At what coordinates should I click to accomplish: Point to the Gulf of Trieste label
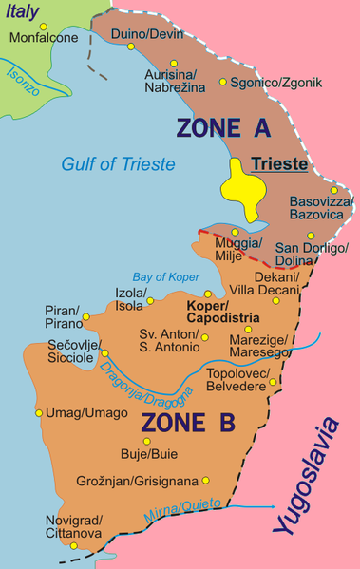pyautogui.click(x=119, y=163)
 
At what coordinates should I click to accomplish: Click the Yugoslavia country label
pyautogui.click(x=307, y=478)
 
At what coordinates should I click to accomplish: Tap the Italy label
pyautogui.click(x=23, y=12)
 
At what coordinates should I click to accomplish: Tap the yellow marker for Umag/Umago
pyautogui.click(x=39, y=413)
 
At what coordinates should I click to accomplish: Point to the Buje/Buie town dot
pyautogui.click(x=146, y=441)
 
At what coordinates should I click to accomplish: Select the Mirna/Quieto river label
pyautogui.click(x=182, y=512)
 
